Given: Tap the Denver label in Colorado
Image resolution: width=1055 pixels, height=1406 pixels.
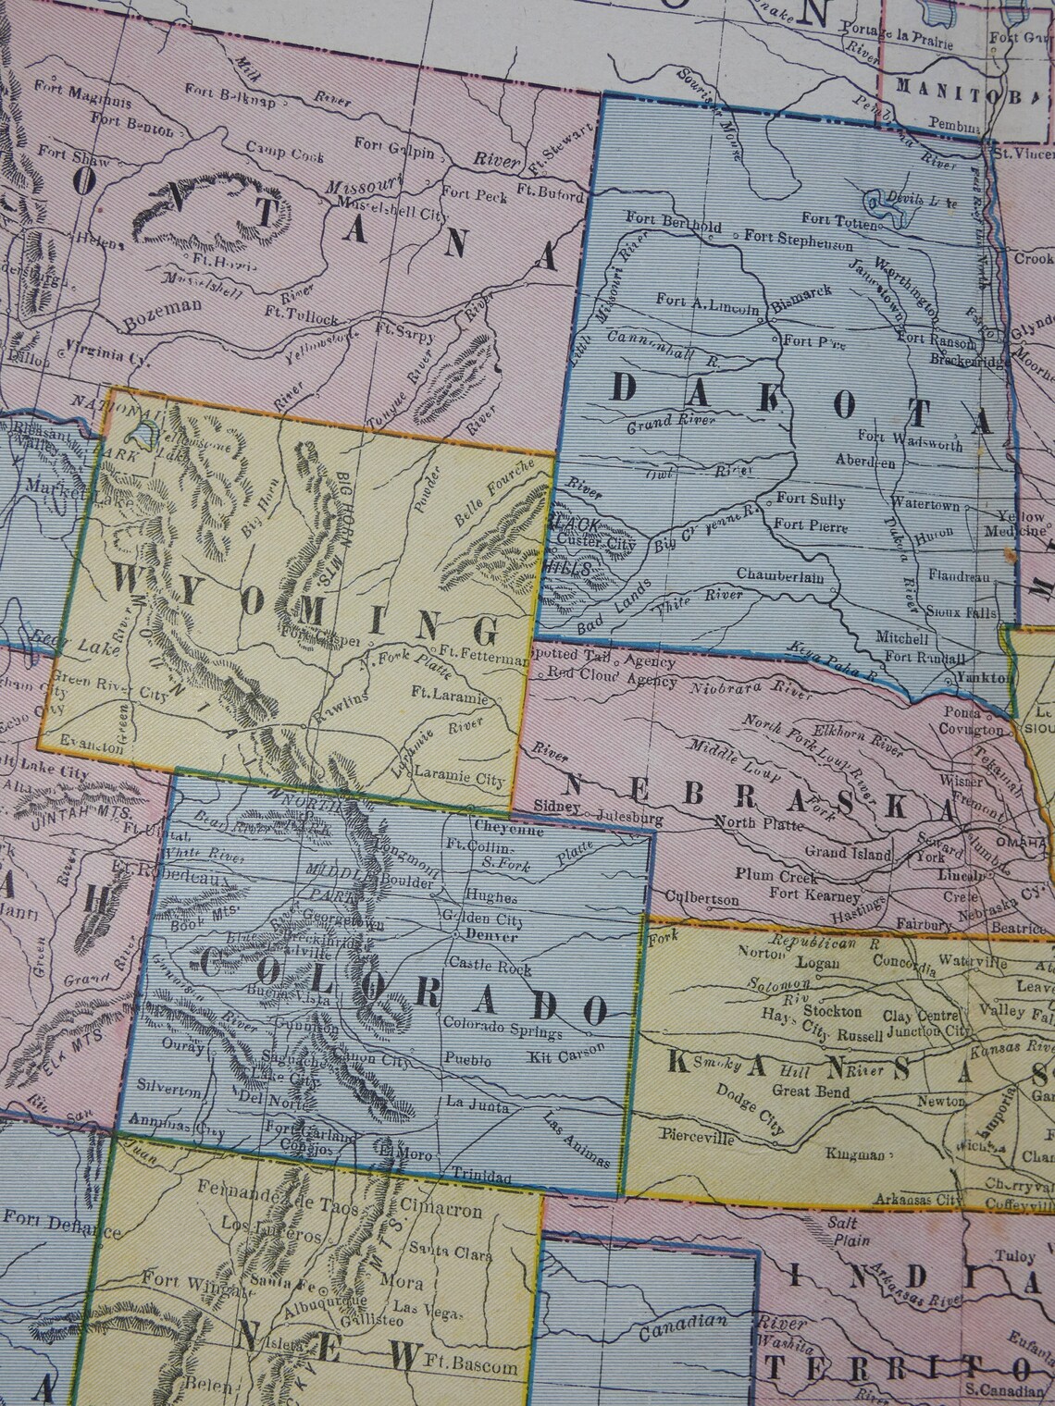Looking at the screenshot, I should coord(490,935).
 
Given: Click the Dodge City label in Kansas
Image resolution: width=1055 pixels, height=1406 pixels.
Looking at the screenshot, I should coord(755,1116).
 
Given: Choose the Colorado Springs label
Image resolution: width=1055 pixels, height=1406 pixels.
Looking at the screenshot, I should coord(503,1024).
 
